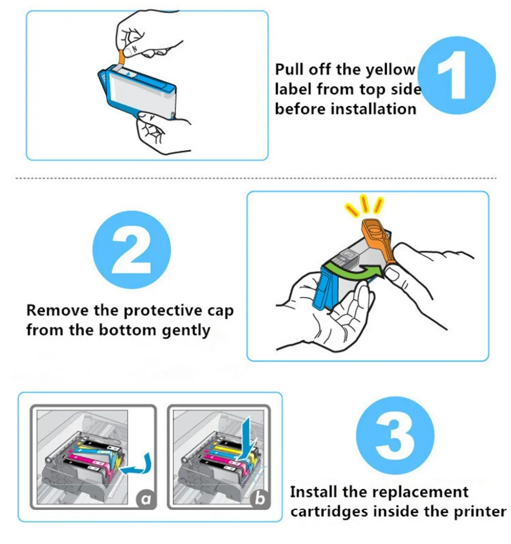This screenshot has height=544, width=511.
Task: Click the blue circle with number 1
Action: [457, 76]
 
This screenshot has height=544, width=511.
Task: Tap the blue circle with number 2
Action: [132, 250]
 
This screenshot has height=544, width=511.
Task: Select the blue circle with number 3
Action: [395, 435]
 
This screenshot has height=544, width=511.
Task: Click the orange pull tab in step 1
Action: [121, 57]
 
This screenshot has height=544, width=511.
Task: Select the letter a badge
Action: [146, 499]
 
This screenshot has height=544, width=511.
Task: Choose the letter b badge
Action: [260, 499]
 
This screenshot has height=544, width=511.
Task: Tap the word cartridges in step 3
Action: [329, 512]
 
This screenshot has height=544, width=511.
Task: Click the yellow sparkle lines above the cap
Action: [364, 205]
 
